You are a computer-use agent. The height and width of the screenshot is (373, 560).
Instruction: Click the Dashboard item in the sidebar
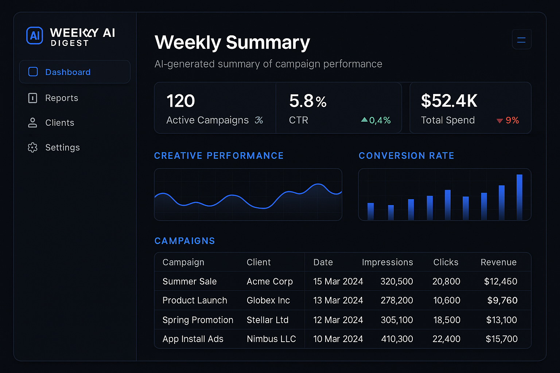[68, 72]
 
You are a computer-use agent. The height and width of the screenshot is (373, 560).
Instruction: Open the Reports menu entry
[61, 98]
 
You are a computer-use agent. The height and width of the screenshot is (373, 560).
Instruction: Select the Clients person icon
[33, 123]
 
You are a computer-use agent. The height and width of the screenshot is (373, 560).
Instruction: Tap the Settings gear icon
[33, 148]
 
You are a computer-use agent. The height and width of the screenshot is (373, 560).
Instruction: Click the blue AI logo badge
[35, 36]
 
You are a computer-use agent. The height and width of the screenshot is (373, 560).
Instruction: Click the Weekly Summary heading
[232, 42]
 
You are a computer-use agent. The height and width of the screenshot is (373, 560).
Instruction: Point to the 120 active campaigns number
[181, 101]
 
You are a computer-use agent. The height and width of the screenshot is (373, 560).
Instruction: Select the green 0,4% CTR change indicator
[376, 120]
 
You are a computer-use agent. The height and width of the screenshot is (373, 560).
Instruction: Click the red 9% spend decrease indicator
[508, 120]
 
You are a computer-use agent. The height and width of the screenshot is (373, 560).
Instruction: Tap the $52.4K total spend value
[449, 101]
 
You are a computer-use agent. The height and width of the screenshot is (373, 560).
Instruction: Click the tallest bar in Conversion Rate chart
[519, 197]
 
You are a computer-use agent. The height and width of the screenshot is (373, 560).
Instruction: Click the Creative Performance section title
[219, 156]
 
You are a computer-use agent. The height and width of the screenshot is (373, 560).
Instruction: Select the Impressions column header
[387, 262]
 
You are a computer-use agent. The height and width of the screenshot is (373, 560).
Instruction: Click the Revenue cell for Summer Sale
[501, 281]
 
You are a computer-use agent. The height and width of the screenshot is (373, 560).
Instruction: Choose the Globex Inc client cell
[268, 301]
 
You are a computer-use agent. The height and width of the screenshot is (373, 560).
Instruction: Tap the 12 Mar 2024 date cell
[338, 320]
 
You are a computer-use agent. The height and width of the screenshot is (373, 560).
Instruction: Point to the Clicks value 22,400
[446, 339]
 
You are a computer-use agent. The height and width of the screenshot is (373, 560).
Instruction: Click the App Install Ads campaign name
[193, 339]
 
